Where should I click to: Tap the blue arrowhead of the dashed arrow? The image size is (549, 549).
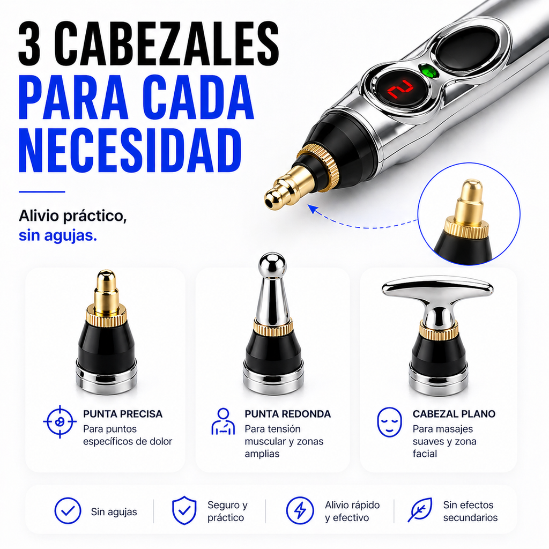[313, 210]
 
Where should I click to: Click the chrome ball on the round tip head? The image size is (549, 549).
[272, 264]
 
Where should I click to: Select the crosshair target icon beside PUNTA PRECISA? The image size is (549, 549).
[60, 421]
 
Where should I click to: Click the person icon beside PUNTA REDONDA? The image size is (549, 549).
[223, 421]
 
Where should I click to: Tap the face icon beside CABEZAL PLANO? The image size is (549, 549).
[389, 422]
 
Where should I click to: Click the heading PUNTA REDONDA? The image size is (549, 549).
[287, 414]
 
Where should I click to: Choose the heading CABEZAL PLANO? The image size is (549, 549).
[454, 414]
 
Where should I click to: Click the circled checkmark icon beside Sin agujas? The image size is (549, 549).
[68, 511]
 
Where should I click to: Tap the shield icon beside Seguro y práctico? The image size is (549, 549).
[184, 510]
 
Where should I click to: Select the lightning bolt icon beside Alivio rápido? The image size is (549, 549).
[300, 510]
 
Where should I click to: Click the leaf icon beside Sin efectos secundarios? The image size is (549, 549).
[420, 510]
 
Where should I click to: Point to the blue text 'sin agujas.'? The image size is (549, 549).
[58, 236]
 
